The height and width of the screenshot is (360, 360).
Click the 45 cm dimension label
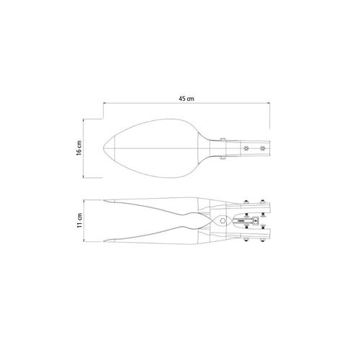(186, 99)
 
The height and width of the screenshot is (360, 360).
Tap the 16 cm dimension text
(79, 148)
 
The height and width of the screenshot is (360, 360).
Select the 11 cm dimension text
(80, 220)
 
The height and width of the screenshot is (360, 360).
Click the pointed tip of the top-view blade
(103, 148)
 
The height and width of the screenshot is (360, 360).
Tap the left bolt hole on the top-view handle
(246, 148)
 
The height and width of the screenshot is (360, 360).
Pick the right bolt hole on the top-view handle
(263, 148)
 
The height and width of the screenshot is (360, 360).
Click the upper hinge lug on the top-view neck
(223, 140)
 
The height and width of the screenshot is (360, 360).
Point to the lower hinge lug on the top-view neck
(223, 158)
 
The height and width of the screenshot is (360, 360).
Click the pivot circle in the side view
(223, 220)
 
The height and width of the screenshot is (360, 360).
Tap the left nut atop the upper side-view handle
(246, 202)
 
